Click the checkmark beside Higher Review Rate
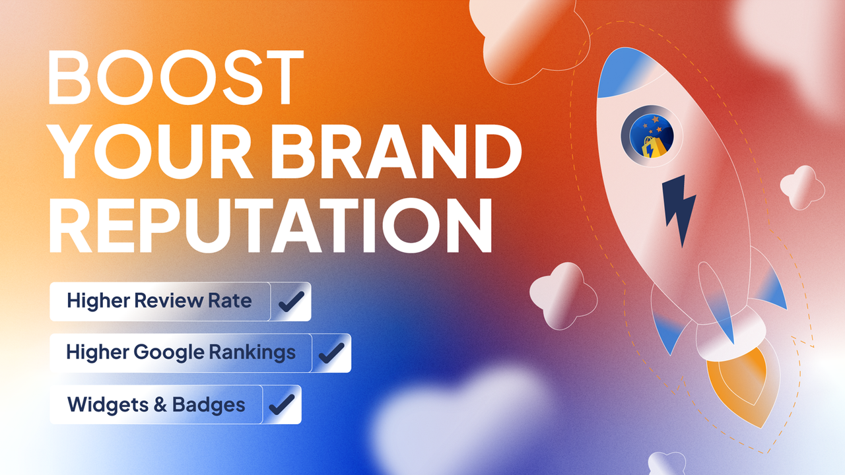pyautogui.click(x=290, y=301)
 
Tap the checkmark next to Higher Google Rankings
pyautogui.click(x=331, y=352)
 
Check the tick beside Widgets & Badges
pyautogui.click(x=282, y=404)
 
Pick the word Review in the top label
pyautogui.click(x=169, y=301)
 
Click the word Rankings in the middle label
pyautogui.click(x=252, y=352)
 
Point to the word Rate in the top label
pyautogui.click(x=230, y=301)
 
